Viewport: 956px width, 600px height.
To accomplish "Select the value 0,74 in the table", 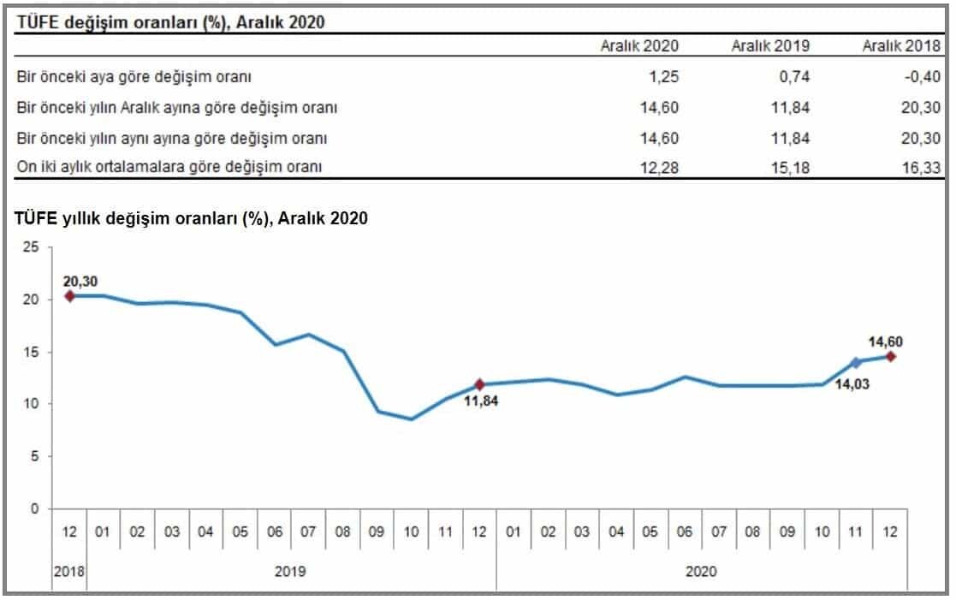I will pos(796,77).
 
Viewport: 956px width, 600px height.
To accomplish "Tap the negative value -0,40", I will pos(923,77).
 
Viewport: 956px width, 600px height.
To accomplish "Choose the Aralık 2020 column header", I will pos(639,46).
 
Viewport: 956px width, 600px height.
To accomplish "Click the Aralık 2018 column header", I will pos(902,46).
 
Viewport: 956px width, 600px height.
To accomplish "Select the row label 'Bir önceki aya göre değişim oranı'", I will pos(134,77).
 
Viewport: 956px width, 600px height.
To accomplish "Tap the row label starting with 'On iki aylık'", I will pos(169,168).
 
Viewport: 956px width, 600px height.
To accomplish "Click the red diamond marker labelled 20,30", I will pos(70,296).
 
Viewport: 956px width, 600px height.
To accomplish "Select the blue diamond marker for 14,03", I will pos(856,363).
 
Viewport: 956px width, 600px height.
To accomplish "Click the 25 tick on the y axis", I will pos(31,247).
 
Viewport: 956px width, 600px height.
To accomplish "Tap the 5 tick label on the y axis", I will pos(35,457).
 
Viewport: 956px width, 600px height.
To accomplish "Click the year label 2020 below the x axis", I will pos(701,571).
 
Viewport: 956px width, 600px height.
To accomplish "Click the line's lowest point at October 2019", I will pos(412,419).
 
